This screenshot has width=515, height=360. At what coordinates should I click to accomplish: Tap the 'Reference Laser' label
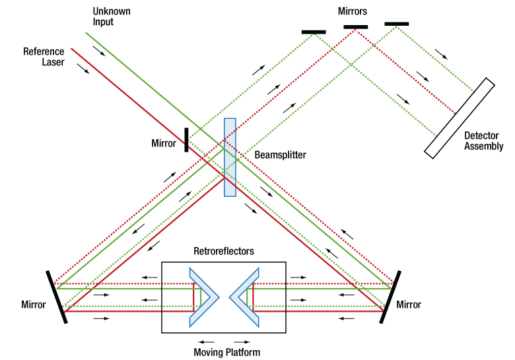[x=43, y=57]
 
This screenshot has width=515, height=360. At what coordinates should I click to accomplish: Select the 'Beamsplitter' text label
[x=280, y=155]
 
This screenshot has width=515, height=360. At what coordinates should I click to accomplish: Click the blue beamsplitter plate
[x=229, y=157]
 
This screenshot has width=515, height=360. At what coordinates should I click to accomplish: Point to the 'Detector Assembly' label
[x=483, y=141]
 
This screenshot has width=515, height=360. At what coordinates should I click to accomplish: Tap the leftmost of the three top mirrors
[x=313, y=31]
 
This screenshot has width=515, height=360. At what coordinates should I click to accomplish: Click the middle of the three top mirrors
[x=355, y=26]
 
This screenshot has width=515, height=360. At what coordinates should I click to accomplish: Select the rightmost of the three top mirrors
[x=396, y=24]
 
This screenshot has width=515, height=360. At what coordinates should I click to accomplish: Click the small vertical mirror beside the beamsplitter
[x=186, y=139]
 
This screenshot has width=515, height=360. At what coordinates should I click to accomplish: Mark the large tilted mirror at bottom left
[x=56, y=296]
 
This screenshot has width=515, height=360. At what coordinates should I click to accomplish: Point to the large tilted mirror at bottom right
[x=389, y=295]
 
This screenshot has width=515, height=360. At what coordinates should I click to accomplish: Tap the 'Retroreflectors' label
[x=224, y=252]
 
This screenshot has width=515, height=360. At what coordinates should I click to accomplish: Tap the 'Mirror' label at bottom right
[x=409, y=305]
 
